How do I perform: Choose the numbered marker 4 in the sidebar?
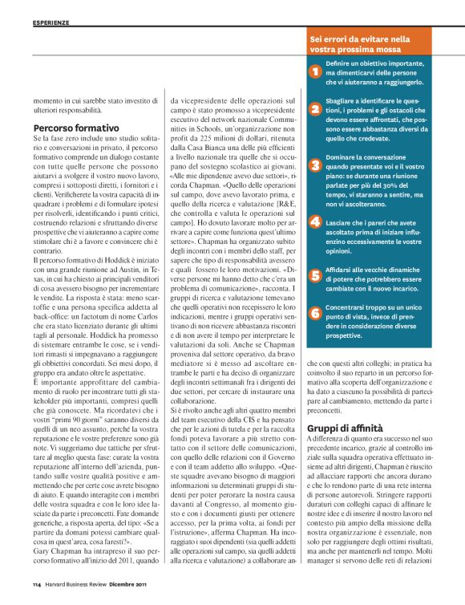[315, 221]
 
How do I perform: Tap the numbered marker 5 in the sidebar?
[315, 275]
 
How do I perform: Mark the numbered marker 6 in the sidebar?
[315, 312]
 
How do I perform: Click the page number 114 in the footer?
[37, 584]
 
